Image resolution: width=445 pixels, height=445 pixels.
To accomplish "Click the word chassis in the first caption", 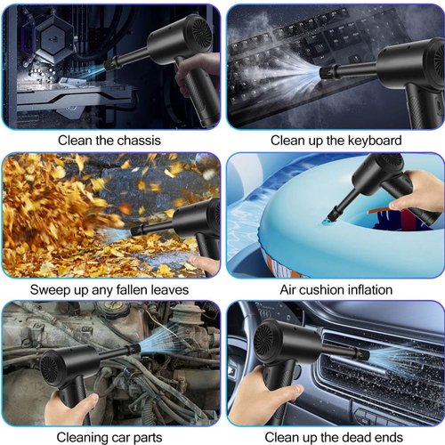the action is pos(139,141).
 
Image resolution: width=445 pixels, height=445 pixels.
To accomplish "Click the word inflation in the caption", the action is pos(370,289).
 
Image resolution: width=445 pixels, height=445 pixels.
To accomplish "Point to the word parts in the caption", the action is pos(148,438).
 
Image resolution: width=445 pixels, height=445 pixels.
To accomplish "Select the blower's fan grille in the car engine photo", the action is pos(50,369).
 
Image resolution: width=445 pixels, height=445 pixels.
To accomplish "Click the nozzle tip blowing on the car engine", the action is pos(135,348).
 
